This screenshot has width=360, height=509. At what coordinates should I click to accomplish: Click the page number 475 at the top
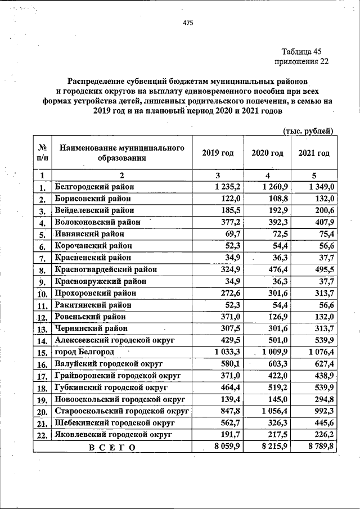coord(188,23)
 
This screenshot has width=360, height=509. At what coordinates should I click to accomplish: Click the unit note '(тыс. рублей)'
coord(307,131)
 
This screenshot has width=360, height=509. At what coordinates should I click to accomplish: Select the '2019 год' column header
coord(218,153)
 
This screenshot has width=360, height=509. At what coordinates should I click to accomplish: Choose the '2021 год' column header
coord(313,153)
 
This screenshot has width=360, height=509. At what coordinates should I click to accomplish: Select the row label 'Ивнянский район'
coord(88,233)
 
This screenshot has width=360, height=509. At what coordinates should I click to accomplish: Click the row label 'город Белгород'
coord(84,352)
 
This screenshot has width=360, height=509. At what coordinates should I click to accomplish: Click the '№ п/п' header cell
coord(42,153)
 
